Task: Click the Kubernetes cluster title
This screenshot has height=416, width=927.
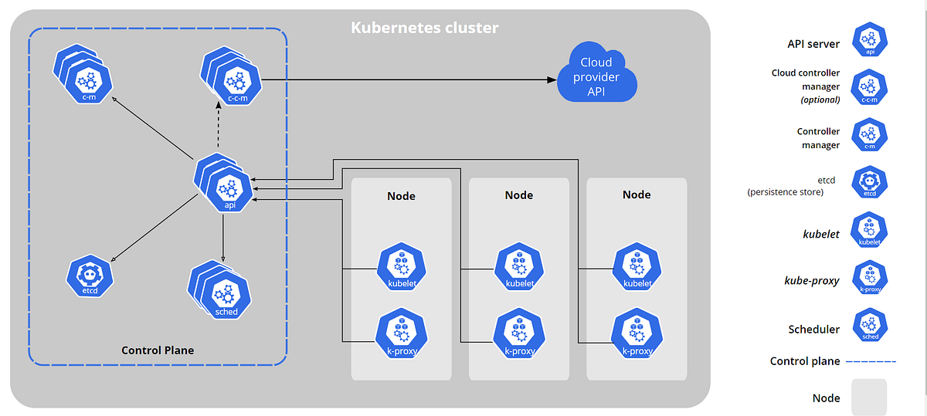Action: point(425,28)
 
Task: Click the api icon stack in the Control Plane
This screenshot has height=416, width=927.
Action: point(224,184)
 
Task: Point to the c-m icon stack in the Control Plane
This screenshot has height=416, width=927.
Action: point(85,73)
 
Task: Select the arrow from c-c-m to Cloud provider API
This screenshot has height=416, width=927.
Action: point(409,79)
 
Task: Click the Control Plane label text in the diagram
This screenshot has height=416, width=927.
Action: point(158,350)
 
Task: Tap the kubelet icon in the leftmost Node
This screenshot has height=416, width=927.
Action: point(401,266)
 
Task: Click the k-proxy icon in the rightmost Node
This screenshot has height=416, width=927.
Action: point(637,333)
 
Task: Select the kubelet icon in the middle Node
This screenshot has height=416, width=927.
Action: point(519,266)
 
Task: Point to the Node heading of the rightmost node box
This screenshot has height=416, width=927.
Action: point(637,195)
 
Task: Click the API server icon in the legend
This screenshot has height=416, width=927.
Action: point(870,40)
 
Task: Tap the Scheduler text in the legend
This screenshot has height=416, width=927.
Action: point(813,329)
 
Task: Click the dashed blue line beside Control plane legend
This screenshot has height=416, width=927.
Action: point(871,361)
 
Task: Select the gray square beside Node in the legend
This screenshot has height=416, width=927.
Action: point(869,397)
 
